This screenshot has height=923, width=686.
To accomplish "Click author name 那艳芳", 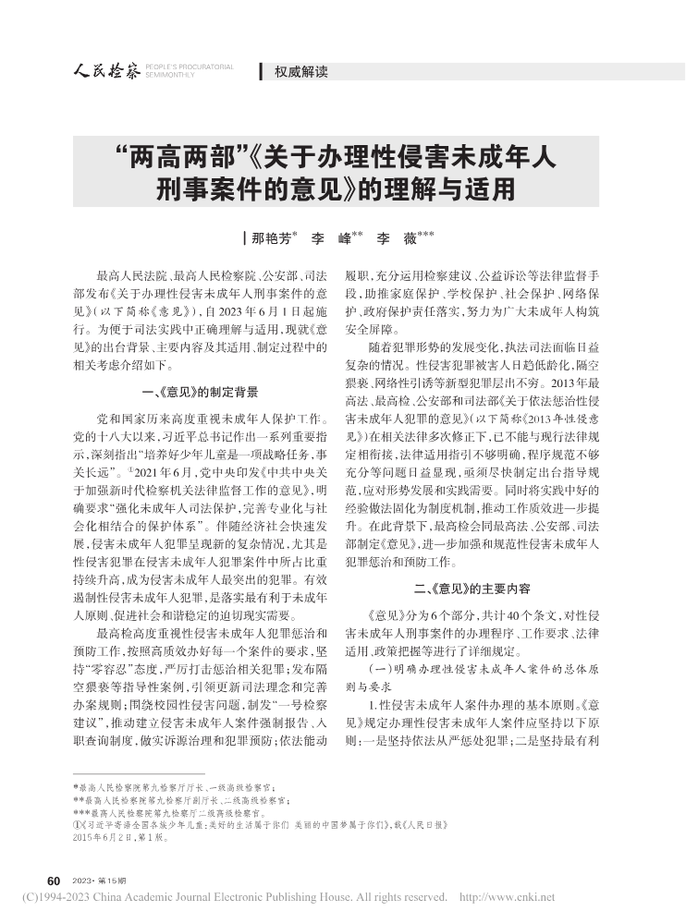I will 269,238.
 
